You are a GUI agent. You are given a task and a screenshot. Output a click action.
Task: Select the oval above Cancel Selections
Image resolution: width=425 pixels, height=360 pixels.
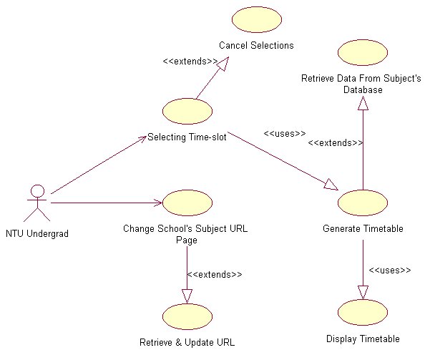[255, 20]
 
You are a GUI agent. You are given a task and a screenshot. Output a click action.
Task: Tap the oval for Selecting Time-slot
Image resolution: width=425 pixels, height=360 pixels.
[187, 112]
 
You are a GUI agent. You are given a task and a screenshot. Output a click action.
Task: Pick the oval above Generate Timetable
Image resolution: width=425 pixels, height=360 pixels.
[362, 203]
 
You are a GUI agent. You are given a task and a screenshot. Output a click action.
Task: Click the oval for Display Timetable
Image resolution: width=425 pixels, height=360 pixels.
[362, 312]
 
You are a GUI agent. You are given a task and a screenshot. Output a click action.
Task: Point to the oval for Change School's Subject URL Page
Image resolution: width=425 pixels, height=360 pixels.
[187, 203]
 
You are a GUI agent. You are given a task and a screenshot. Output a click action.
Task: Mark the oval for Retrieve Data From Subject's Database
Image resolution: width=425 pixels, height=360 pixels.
[362, 52]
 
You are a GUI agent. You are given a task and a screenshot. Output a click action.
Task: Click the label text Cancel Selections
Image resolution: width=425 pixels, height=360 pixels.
[256, 46]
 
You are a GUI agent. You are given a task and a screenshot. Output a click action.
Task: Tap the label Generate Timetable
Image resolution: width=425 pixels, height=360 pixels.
[363, 229]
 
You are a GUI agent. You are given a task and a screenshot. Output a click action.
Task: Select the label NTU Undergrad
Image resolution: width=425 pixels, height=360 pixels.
[36, 233]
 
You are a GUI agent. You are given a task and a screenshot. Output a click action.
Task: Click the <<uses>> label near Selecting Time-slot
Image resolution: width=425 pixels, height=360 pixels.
[284, 133]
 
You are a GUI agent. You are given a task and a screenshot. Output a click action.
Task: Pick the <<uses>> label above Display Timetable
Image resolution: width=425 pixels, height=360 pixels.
[389, 270]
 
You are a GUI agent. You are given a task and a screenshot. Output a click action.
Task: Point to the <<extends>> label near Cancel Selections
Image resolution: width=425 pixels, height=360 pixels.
[190, 62]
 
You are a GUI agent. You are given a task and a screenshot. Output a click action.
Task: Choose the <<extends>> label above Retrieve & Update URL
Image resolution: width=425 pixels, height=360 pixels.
[214, 274]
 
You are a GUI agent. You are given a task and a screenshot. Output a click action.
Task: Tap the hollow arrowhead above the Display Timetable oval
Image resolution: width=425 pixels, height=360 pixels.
[363, 291]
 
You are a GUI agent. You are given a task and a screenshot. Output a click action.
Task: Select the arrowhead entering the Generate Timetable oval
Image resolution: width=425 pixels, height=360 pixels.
[331, 185]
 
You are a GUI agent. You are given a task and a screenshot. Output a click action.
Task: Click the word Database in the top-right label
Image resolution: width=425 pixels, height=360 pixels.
[362, 90]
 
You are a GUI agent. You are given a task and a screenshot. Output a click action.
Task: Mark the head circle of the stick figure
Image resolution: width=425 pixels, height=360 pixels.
[36, 191]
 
